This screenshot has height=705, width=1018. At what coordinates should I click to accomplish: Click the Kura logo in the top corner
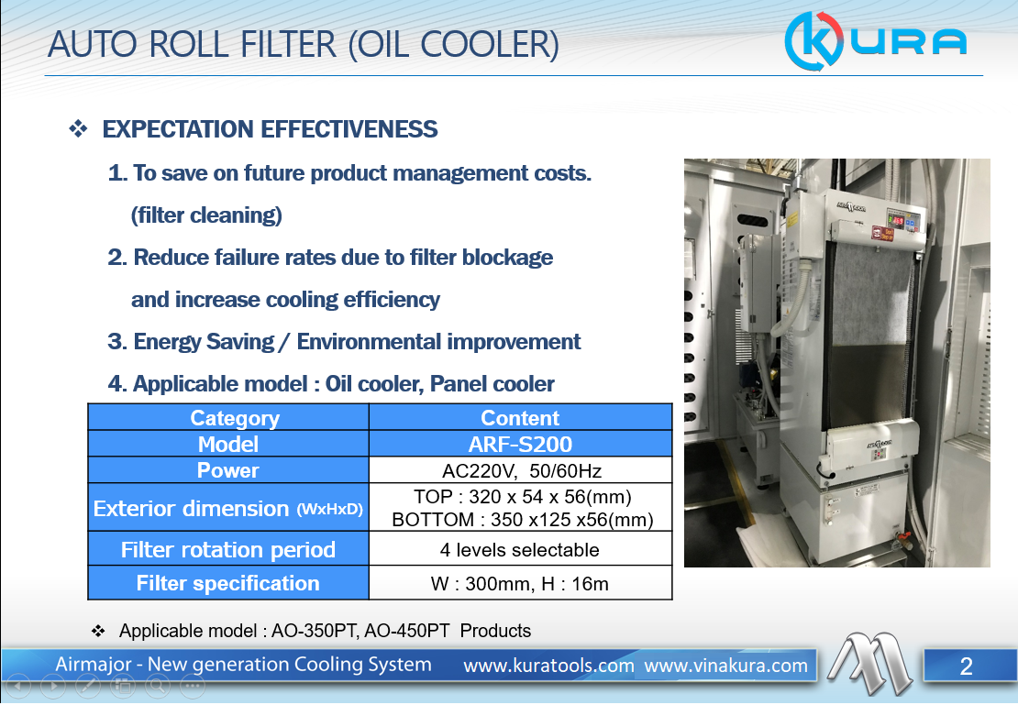(x=876, y=41)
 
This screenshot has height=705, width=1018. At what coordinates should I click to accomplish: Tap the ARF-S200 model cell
(x=520, y=444)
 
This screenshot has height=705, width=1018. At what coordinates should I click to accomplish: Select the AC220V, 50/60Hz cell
(x=521, y=470)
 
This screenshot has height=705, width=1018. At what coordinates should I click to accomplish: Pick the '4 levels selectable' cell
(x=519, y=550)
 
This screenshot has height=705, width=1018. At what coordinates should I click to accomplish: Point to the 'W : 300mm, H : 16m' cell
(x=519, y=584)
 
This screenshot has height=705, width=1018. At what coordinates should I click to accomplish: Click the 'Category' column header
(x=235, y=418)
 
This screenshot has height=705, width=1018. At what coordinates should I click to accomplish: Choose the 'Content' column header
(x=520, y=417)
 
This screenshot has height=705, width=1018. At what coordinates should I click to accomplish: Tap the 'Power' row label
(x=227, y=470)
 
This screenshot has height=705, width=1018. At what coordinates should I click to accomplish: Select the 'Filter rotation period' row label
(x=227, y=550)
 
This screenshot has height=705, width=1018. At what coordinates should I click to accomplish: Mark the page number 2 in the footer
(x=966, y=666)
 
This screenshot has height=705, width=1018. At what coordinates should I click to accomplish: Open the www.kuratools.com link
(x=548, y=666)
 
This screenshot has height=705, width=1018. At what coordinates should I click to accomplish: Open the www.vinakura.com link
(x=725, y=666)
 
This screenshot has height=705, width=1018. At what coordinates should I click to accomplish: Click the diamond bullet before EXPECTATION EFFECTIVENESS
(x=79, y=128)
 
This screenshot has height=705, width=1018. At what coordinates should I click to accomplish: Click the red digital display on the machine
(x=896, y=221)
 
